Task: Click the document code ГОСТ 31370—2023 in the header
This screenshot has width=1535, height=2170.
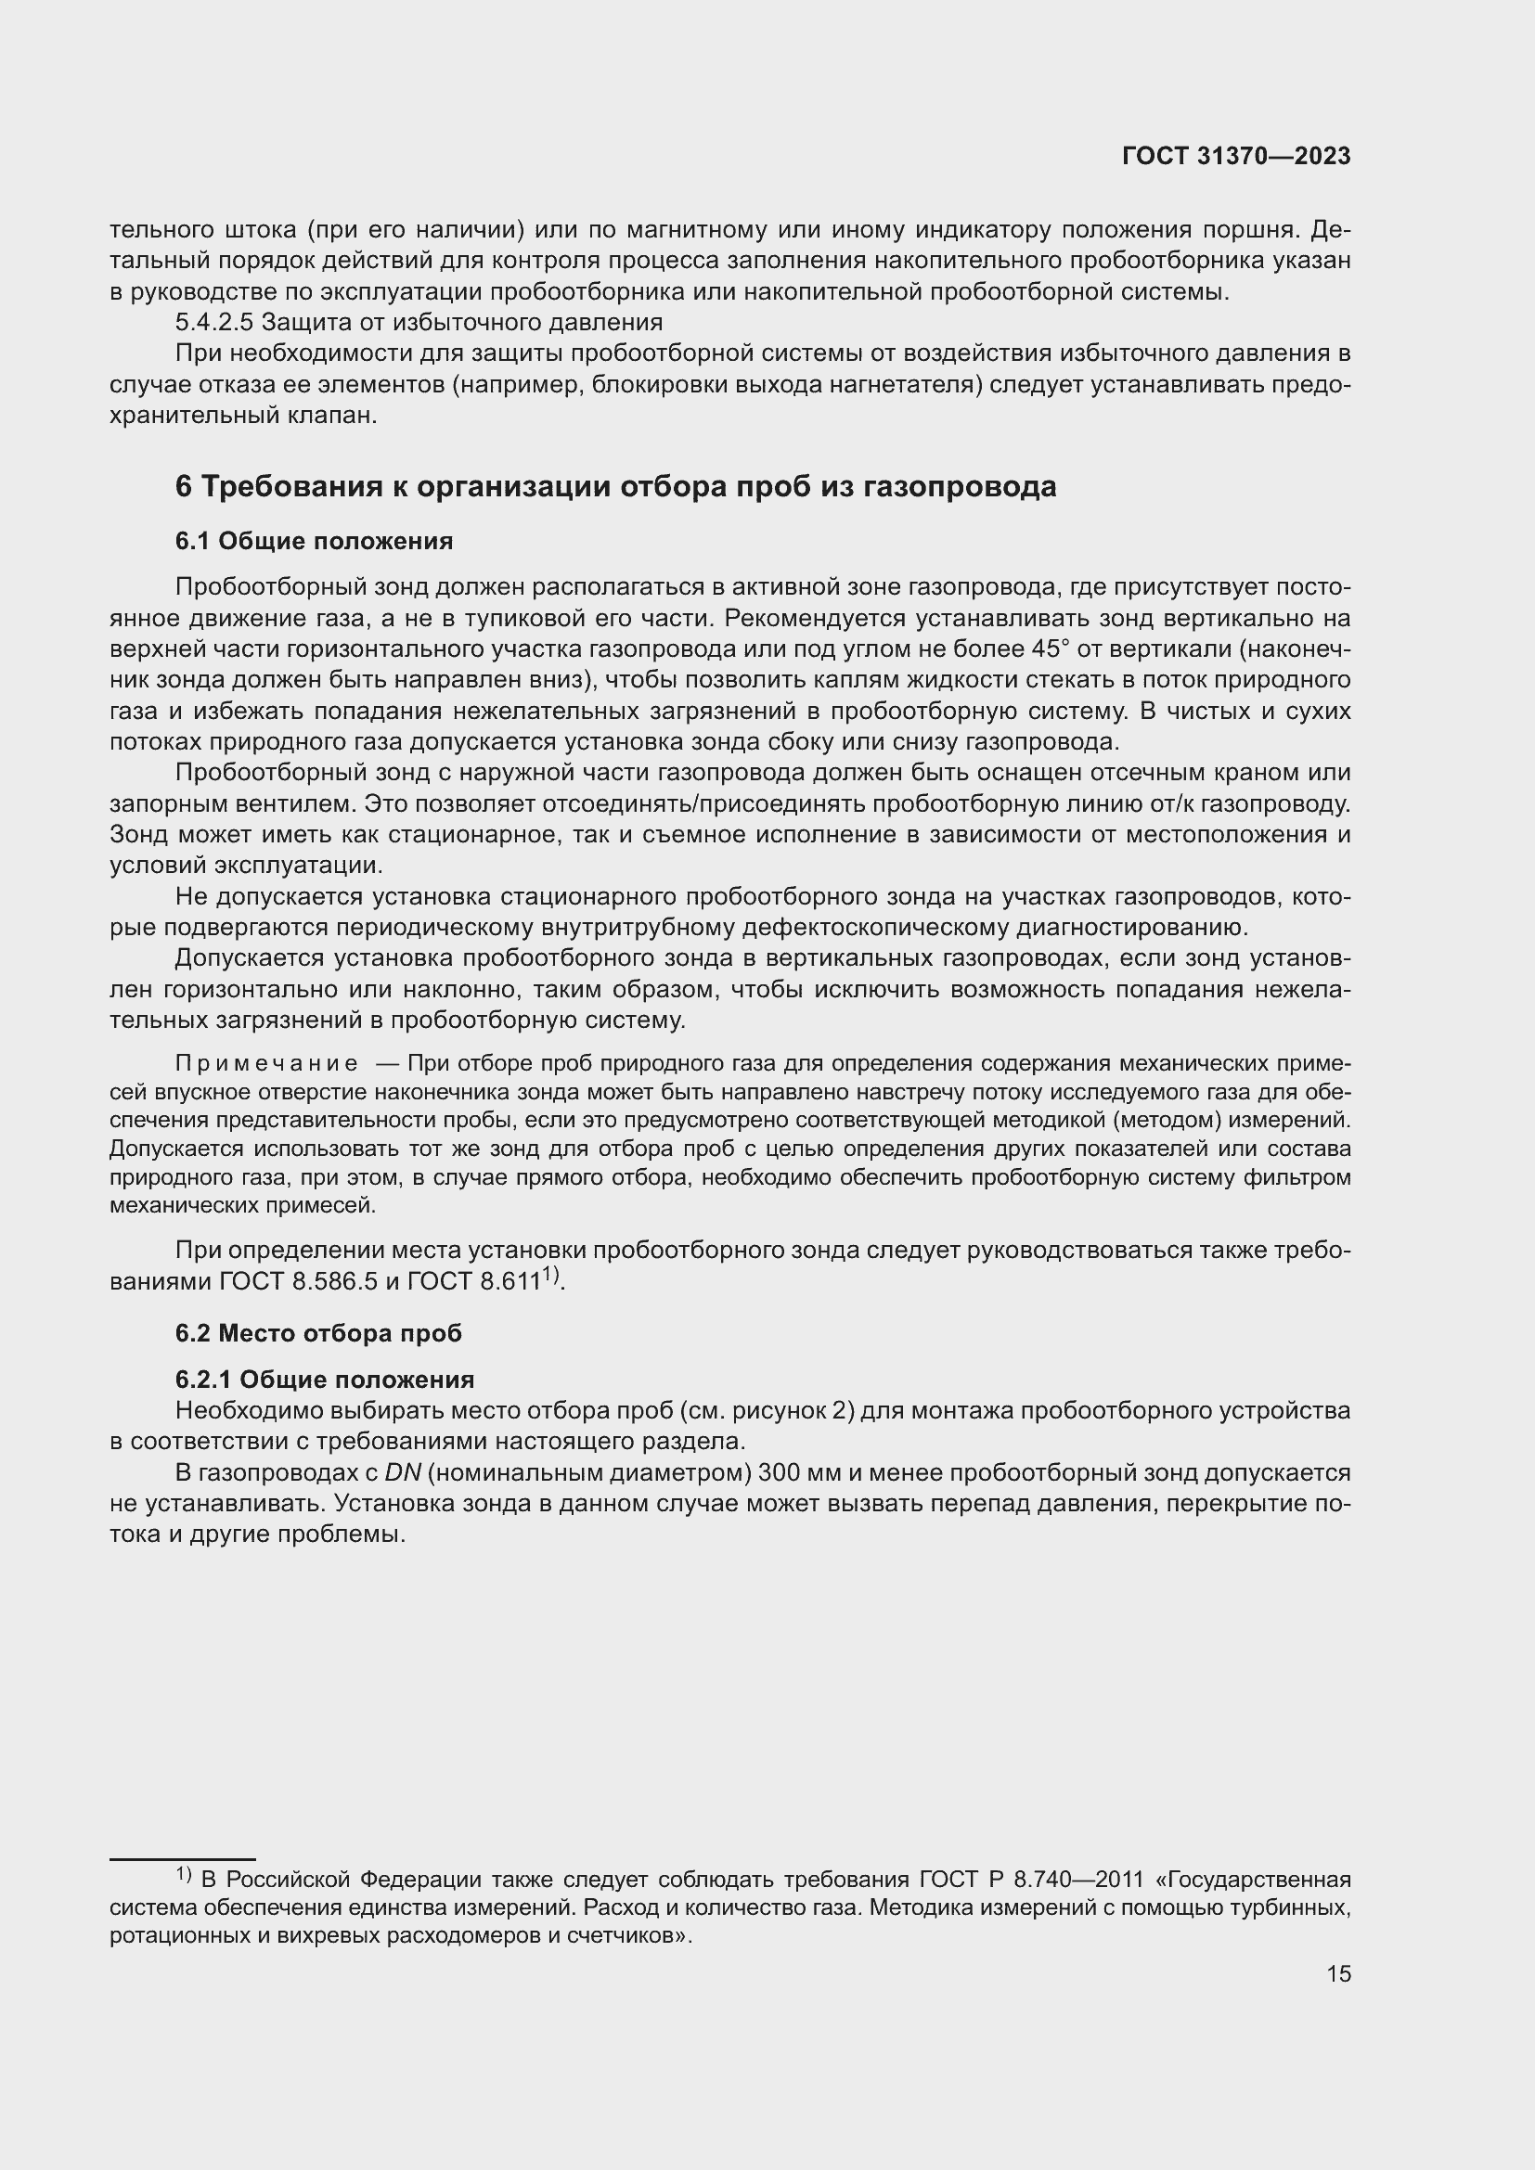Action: pos(1235,157)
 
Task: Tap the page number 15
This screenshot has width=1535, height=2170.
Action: pos(1338,1973)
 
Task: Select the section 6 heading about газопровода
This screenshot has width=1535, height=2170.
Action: pos(615,487)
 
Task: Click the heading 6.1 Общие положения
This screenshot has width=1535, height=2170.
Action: pos(314,542)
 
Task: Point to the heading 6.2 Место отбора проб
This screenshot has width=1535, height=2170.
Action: pos(318,1333)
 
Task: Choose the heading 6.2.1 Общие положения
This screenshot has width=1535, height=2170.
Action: pos(324,1380)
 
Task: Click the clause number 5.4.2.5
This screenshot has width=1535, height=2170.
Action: pos(214,322)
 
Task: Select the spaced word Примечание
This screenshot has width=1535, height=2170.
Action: pos(266,1064)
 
